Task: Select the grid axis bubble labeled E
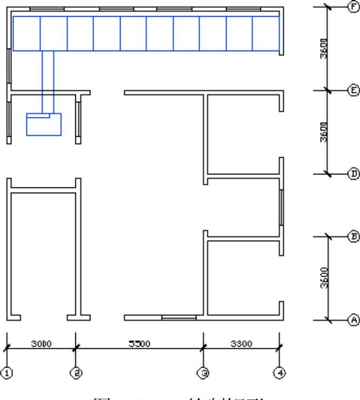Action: click(354, 90)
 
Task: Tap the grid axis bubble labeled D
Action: click(354, 173)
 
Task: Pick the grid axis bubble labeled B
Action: click(354, 236)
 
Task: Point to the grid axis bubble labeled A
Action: click(354, 319)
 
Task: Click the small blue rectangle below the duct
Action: click(44, 125)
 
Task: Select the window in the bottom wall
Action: click(179, 318)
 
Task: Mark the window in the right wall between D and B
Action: click(280, 207)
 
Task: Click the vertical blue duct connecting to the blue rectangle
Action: click(48, 81)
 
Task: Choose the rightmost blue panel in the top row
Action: click(266, 33)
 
